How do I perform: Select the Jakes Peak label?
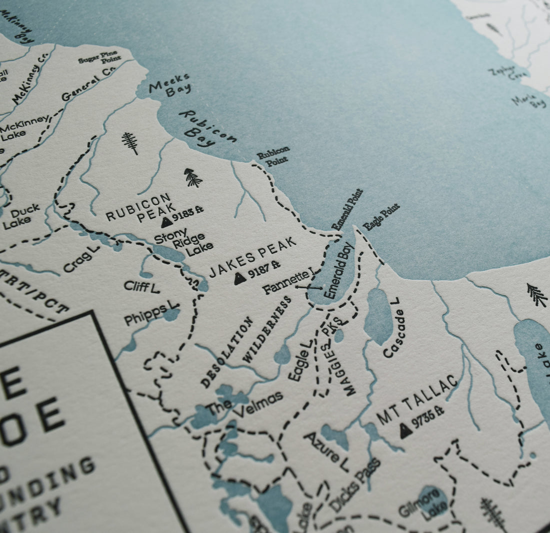252,256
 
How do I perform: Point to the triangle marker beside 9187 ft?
240,279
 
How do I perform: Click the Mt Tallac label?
417,400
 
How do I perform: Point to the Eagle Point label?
381,217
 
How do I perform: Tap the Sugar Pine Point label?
99,57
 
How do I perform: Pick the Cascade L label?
392,327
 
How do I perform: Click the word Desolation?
227,352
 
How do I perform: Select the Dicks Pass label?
355,485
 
